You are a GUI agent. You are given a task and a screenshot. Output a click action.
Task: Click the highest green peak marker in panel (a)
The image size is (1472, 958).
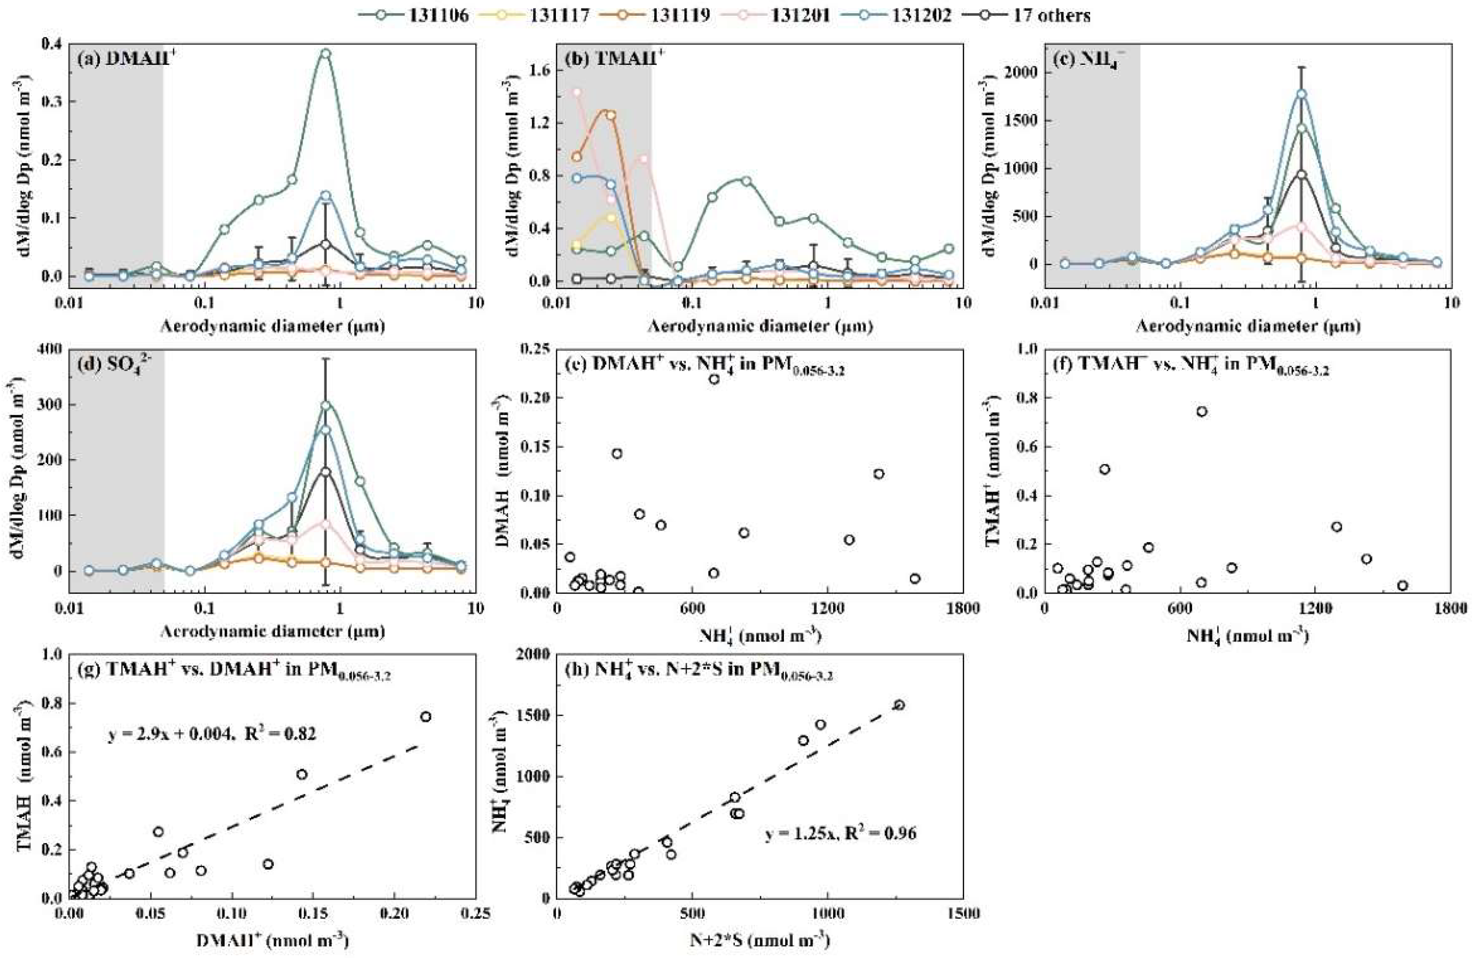326,54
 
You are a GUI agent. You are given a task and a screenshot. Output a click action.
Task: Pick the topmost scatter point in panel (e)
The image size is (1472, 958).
714,379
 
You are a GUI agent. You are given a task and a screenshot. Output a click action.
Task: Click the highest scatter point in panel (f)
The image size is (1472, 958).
1202,411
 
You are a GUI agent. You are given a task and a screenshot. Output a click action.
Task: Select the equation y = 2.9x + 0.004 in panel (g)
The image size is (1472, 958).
212,734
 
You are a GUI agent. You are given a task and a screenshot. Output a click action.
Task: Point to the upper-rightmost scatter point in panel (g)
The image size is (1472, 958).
425,717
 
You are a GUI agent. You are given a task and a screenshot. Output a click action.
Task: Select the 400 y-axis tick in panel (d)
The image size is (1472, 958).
52,349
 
